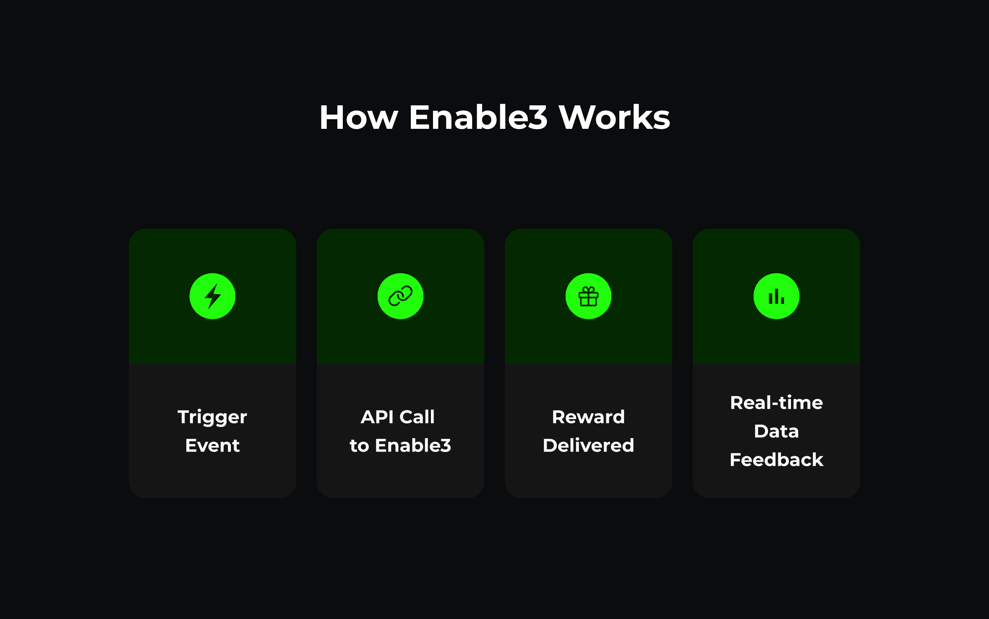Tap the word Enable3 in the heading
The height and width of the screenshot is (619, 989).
[x=478, y=118]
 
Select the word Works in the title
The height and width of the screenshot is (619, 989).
[x=614, y=118]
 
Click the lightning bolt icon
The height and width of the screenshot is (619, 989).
[x=212, y=296]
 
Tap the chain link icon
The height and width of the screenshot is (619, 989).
[x=400, y=296]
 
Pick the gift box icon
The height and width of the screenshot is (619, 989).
[x=588, y=297]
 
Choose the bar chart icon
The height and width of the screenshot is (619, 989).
[x=776, y=297]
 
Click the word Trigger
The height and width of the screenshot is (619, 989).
[x=212, y=418]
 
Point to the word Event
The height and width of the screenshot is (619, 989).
[x=212, y=446]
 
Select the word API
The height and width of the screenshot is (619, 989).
[x=377, y=417]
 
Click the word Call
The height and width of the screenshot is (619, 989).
[x=417, y=417]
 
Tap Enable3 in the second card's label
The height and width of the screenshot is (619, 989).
[x=413, y=446]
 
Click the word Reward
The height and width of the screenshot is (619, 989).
[x=588, y=417]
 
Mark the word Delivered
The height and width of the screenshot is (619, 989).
[x=588, y=446]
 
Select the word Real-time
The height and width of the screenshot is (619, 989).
[x=776, y=403]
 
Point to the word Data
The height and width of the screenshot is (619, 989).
[x=776, y=431]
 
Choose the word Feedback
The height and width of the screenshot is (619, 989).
[x=776, y=460]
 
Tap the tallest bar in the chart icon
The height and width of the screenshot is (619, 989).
[x=776, y=296]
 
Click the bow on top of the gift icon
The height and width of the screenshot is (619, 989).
[x=588, y=289]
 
